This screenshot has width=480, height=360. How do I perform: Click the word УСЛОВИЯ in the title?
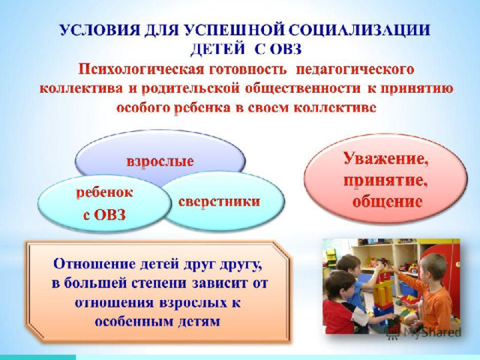coord(100,31)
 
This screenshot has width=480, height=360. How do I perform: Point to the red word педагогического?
coord(355,70)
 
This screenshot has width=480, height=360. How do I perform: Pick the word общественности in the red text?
coord(303,88)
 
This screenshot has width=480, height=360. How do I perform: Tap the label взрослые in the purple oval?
coord(160,161)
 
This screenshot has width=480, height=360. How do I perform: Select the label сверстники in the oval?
coord(219,202)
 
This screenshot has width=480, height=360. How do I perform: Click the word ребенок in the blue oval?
coord(104,193)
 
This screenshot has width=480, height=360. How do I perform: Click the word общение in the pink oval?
coord(387,202)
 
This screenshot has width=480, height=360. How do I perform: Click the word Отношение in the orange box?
coord(94,263)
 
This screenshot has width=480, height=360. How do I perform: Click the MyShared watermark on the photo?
coord(424,332)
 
